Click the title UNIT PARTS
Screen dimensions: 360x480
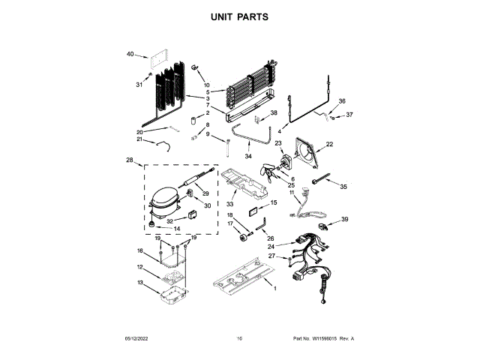[240, 16]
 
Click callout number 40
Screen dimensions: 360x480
[130, 54]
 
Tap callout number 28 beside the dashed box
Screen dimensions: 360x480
[130, 160]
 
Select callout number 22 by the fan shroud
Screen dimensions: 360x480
[329, 145]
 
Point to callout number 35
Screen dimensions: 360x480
[344, 187]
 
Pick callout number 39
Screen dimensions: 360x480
[345, 219]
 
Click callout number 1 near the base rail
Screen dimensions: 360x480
[274, 289]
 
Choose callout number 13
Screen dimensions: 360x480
[140, 283]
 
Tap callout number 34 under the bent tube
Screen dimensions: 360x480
[248, 156]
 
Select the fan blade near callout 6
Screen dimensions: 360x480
[268, 173]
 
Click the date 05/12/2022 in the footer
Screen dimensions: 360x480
[133, 339]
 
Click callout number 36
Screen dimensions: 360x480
[342, 100]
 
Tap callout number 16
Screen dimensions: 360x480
[139, 251]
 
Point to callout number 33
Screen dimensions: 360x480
[230, 203]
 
